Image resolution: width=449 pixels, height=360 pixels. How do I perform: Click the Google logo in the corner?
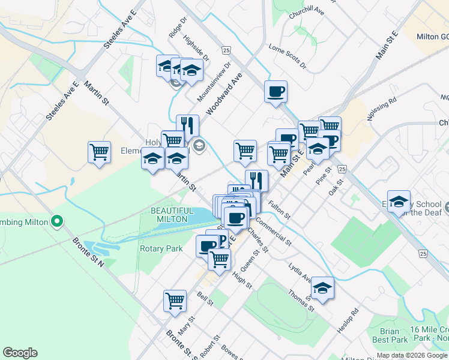pos(20,353)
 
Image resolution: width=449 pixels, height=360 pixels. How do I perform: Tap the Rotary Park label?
pos(161,248)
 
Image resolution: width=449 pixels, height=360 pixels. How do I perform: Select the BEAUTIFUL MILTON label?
pos(172,215)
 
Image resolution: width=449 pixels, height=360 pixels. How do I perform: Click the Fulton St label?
pos(280,209)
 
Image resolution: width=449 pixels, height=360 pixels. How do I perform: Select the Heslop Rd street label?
pos(348,322)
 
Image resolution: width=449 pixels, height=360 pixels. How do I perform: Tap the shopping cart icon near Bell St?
pos(175,300)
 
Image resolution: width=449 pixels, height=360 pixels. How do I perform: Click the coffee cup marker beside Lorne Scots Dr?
pos(276,92)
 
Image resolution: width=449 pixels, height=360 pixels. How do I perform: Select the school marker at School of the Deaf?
pos(398,202)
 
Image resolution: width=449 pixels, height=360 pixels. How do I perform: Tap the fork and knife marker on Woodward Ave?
pos(187,126)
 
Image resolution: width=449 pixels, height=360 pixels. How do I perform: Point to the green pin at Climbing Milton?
pos(57,222)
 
